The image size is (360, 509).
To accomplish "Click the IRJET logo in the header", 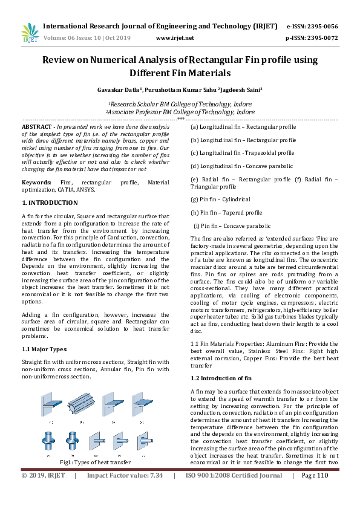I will (30, 33).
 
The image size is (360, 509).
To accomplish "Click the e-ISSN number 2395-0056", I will (320, 27).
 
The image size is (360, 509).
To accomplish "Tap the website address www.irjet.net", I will (175, 37).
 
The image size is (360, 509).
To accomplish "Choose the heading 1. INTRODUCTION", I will (50, 202).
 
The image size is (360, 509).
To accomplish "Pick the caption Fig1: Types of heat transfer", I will (95, 462).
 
